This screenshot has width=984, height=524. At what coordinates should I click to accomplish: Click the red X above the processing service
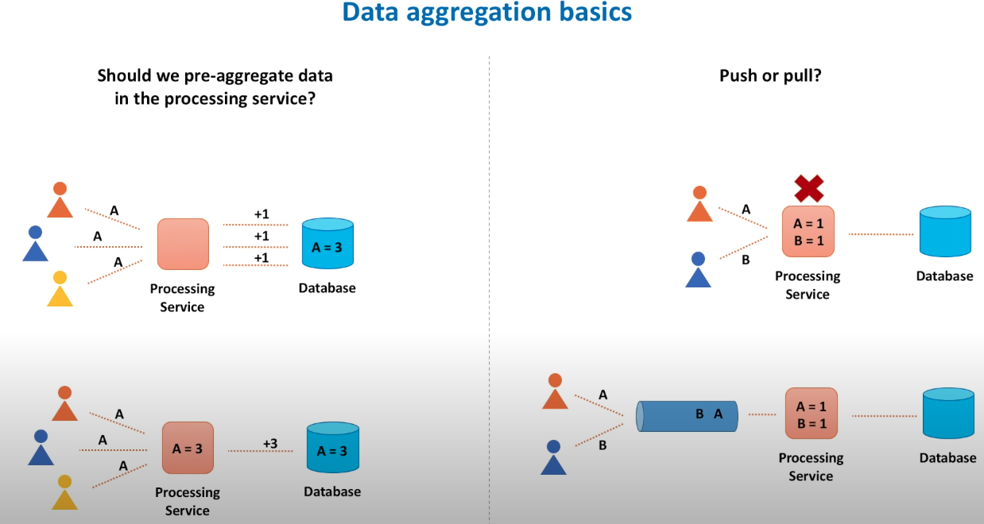(x=809, y=189)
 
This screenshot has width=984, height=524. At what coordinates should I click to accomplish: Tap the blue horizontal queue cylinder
(x=687, y=416)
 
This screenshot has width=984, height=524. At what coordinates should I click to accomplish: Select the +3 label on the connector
(x=269, y=443)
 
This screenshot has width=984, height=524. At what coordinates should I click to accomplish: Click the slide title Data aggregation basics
(x=487, y=13)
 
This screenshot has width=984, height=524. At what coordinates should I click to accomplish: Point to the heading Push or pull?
(x=769, y=76)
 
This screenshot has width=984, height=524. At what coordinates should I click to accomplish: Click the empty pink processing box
(x=183, y=244)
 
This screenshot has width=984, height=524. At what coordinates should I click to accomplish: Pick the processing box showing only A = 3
(x=188, y=448)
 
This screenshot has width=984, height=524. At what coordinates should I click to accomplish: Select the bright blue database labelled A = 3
(x=327, y=244)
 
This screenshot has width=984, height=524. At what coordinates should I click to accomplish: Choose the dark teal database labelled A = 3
(x=332, y=449)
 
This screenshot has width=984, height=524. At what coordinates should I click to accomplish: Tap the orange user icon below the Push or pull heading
(x=699, y=205)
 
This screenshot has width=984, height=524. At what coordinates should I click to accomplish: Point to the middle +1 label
(x=261, y=236)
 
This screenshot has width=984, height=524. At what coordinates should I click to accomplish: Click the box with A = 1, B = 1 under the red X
(x=808, y=231)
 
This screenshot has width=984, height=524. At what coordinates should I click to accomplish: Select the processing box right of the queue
(x=811, y=414)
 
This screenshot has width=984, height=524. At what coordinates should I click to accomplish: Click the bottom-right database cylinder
(x=948, y=414)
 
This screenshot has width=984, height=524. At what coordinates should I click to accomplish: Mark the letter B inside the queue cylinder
(x=700, y=414)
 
